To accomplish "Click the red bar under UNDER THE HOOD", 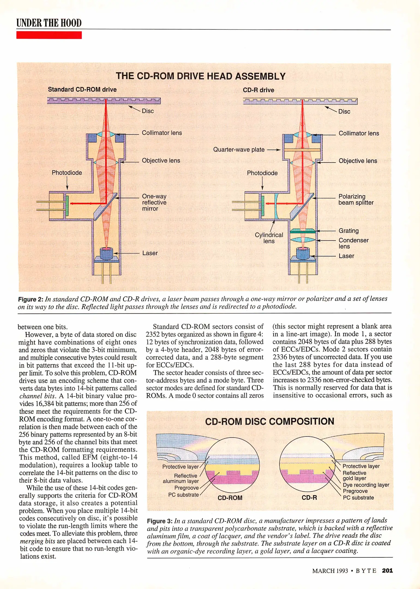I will click(x=49, y=35).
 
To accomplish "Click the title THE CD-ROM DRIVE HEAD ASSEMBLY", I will click(x=201, y=76).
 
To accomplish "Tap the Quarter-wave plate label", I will click(x=239, y=150).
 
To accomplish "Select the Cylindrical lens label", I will click(x=269, y=238).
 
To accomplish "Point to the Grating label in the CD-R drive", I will click(x=349, y=231).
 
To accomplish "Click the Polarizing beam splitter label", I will click(x=356, y=200).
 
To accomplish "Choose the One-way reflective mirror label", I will click(x=154, y=203).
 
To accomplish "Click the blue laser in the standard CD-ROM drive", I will click(x=106, y=254).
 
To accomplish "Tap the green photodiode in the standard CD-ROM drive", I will click(x=67, y=203).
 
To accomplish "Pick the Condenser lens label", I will click(x=353, y=243).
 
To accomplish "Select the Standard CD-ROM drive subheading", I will click(x=82, y=90).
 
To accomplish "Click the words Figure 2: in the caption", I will click(x=31, y=299).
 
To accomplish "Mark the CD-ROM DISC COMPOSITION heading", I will click(x=269, y=422).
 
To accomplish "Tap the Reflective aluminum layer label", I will click(x=181, y=479).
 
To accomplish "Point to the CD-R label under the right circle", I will click(x=309, y=498).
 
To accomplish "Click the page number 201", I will click(x=387, y=570).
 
